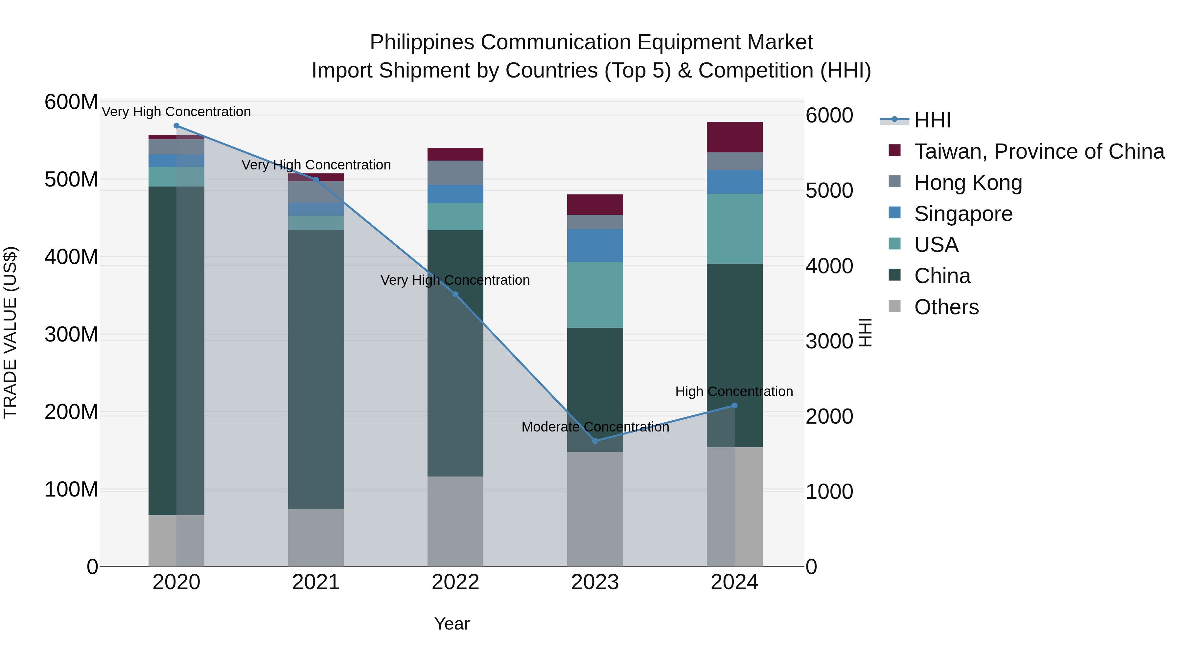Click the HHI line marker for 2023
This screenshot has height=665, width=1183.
click(x=595, y=441)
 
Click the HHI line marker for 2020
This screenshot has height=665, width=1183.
click(x=176, y=125)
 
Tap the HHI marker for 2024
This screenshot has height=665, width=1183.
click(x=734, y=405)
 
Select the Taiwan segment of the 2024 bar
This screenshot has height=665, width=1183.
click(x=734, y=137)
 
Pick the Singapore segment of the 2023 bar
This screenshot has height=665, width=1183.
click(x=595, y=246)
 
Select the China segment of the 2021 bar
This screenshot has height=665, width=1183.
click(x=316, y=369)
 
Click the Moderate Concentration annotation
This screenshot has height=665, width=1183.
click(x=595, y=427)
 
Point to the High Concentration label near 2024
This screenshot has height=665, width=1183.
click(x=734, y=391)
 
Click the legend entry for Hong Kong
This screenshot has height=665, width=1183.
click(x=968, y=183)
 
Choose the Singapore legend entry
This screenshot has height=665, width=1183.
click(x=963, y=214)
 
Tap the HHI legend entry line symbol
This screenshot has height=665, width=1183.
click(x=894, y=120)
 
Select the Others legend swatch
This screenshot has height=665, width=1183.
click(x=894, y=306)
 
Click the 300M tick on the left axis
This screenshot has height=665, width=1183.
click(x=71, y=335)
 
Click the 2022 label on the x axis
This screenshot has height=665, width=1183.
click(x=455, y=582)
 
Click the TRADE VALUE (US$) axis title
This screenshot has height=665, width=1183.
click(x=10, y=333)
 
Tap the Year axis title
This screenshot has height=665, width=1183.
click(x=452, y=624)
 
